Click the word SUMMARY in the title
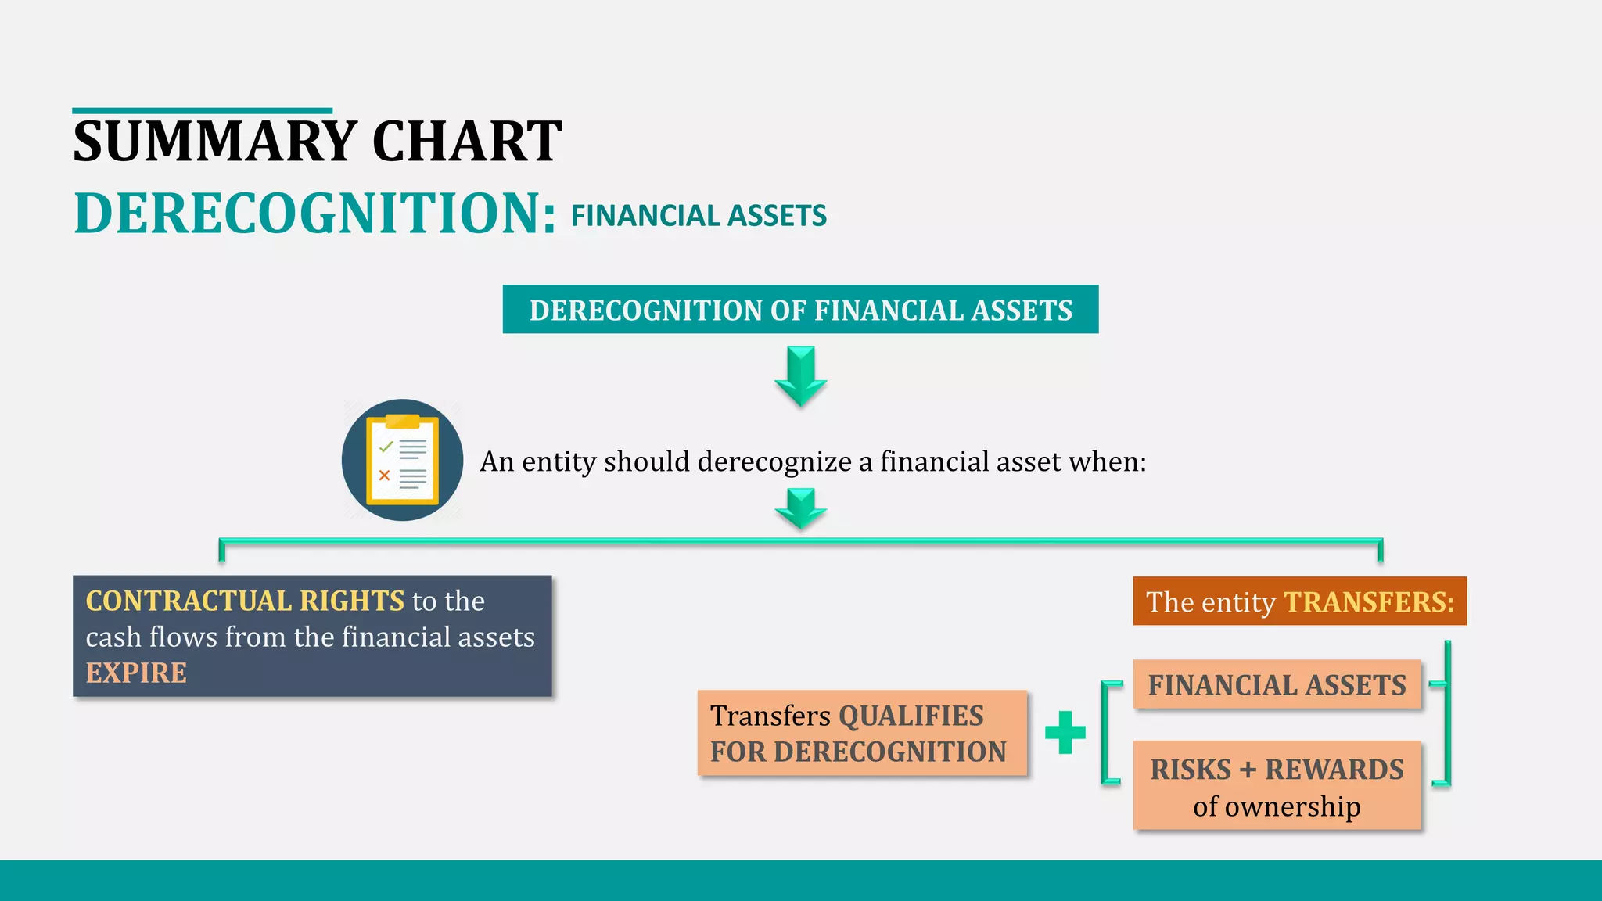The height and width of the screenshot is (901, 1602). [x=215, y=142]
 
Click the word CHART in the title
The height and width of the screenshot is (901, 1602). [x=466, y=142]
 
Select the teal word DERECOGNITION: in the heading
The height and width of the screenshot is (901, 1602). [x=315, y=214]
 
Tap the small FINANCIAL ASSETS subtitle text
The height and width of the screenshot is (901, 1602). [x=699, y=216]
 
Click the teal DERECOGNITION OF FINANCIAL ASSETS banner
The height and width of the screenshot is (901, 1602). [x=800, y=310]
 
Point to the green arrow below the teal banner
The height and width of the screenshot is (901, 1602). [x=800, y=375]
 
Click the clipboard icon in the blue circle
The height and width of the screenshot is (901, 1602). [x=402, y=460]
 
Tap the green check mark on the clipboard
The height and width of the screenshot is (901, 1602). [x=386, y=447]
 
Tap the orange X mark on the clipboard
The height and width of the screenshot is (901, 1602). [x=384, y=475]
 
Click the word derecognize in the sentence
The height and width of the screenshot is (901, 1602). [x=774, y=461]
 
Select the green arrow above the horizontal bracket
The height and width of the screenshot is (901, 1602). [x=800, y=508]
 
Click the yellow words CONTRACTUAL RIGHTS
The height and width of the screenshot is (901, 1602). [x=245, y=601]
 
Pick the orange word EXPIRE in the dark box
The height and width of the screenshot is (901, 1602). [x=136, y=673]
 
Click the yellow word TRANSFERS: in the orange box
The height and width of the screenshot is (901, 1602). [x=1369, y=602]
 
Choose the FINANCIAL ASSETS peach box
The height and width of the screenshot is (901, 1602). [x=1277, y=685]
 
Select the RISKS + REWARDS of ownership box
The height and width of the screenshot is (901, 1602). [x=1277, y=786]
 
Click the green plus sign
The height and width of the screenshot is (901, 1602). [x=1065, y=733]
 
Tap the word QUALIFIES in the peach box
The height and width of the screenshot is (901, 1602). [x=911, y=716]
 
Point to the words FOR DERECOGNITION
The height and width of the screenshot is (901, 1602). [x=858, y=752]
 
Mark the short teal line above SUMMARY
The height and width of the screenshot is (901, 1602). [x=202, y=111]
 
